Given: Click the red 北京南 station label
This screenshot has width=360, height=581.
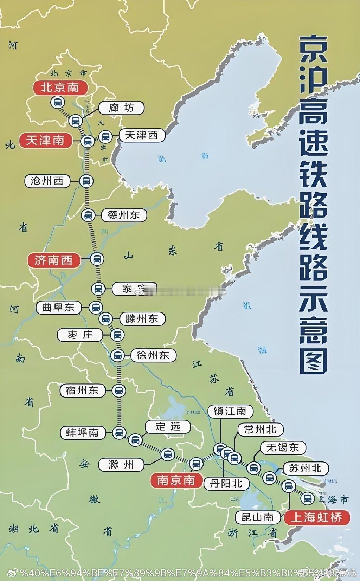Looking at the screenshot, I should pos(60,88).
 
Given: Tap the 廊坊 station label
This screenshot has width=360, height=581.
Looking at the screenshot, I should pos(121,108).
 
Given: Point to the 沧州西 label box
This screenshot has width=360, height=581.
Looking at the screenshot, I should pos(47,181).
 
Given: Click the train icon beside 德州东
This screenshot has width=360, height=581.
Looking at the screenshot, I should pos(88,215).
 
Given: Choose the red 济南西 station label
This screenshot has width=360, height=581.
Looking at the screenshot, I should pos(53,260).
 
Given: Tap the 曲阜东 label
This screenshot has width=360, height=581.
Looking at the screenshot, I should pos(58,308).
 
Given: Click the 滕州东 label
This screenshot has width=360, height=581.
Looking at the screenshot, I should pos(142,319).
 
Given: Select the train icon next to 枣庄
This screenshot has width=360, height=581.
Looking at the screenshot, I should pos(117,335).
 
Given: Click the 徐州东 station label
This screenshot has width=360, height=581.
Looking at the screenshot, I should pos(153,355).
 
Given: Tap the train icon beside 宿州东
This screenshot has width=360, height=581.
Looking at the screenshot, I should pos(119,390).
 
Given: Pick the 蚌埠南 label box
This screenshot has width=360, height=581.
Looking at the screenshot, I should pos(82,432).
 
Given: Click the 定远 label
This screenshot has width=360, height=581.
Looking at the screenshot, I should pos(168,427).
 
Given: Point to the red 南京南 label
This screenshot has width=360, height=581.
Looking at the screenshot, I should pos(176,480).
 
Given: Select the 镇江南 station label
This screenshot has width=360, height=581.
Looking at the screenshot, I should pos(230,411).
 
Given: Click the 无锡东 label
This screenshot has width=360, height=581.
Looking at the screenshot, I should pos(283,447).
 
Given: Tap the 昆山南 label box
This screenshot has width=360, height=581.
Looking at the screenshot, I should pos(257,517).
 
